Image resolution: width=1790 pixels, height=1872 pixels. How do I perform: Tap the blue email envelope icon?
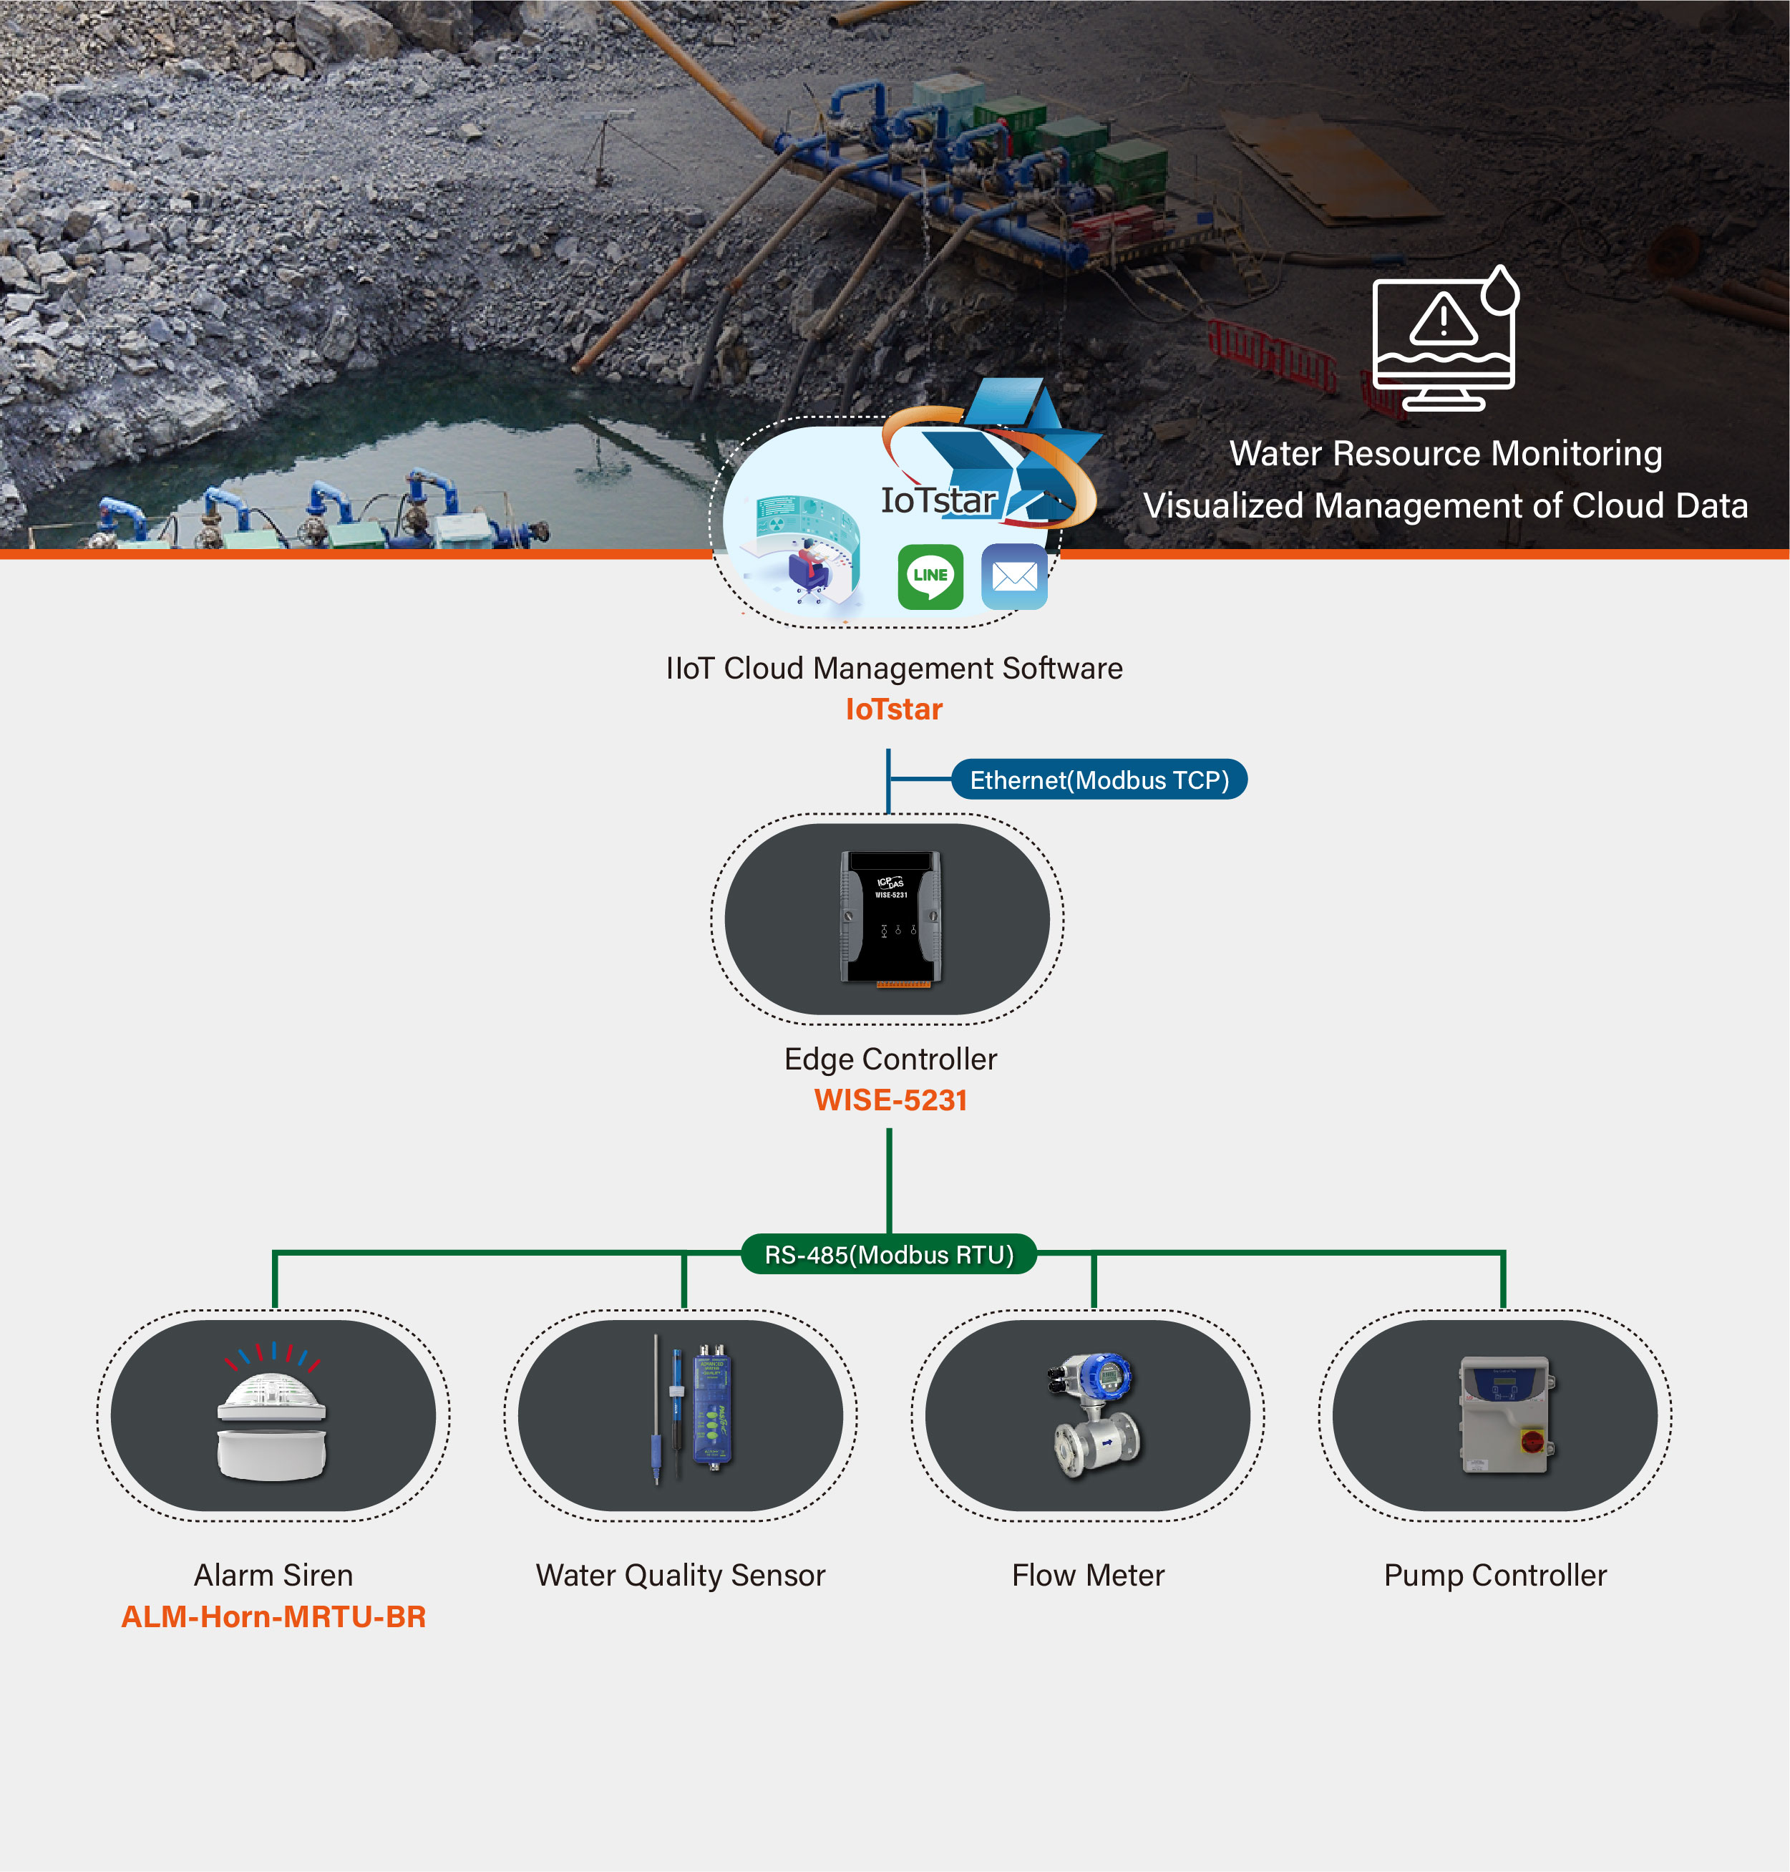tap(1013, 576)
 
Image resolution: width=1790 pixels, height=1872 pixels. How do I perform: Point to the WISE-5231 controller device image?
tap(890, 918)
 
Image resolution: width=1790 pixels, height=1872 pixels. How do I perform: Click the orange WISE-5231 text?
tap(890, 1100)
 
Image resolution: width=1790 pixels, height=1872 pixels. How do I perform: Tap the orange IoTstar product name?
tap(894, 709)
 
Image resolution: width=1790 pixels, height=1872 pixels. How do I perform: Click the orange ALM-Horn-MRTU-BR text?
tap(273, 1616)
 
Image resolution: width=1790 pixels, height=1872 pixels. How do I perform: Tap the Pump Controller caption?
tap(1495, 1574)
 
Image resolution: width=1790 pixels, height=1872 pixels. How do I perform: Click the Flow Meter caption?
tap(1088, 1574)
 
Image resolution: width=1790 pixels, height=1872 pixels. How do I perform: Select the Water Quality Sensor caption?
tap(681, 1574)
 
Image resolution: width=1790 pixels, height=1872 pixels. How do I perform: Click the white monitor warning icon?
tap(1444, 338)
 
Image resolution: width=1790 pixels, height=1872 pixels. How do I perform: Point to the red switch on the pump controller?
tap(1532, 1441)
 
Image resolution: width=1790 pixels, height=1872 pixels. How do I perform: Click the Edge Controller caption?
tap(890, 1059)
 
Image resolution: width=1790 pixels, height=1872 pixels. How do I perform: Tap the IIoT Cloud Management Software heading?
tap(894, 668)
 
